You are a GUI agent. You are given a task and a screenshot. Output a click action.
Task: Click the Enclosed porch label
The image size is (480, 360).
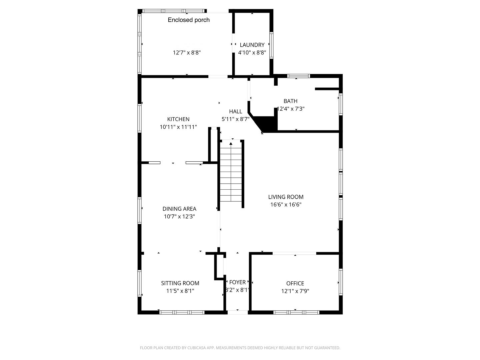189,20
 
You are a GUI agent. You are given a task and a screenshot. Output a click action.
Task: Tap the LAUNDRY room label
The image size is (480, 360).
252,45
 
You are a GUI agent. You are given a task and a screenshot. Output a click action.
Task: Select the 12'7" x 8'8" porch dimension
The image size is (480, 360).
187,53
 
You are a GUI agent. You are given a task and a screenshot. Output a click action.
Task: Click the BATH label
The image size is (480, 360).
290,101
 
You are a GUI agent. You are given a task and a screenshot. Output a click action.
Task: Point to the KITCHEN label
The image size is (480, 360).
178,119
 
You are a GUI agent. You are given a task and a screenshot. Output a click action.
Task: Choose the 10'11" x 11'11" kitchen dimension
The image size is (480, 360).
178,127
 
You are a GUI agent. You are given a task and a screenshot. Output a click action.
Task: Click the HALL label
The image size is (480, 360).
235,112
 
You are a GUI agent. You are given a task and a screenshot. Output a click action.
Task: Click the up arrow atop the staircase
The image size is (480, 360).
231,144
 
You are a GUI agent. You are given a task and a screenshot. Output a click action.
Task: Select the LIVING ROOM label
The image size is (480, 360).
286,197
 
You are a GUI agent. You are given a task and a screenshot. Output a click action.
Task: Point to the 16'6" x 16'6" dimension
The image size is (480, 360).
286,205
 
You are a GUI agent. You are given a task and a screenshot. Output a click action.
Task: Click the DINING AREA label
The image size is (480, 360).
179,209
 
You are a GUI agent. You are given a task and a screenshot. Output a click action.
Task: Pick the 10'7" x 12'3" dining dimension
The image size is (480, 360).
179,217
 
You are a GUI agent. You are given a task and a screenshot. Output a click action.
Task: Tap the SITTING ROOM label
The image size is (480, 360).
180,283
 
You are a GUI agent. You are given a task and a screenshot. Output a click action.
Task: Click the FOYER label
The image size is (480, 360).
237,282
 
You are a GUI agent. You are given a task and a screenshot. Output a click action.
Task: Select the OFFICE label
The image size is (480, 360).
295,284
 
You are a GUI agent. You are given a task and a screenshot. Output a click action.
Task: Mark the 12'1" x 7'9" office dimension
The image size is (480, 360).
295,291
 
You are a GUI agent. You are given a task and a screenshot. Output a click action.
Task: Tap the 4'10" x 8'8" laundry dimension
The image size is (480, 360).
252,53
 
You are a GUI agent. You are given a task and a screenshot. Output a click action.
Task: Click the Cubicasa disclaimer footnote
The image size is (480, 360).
240,348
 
